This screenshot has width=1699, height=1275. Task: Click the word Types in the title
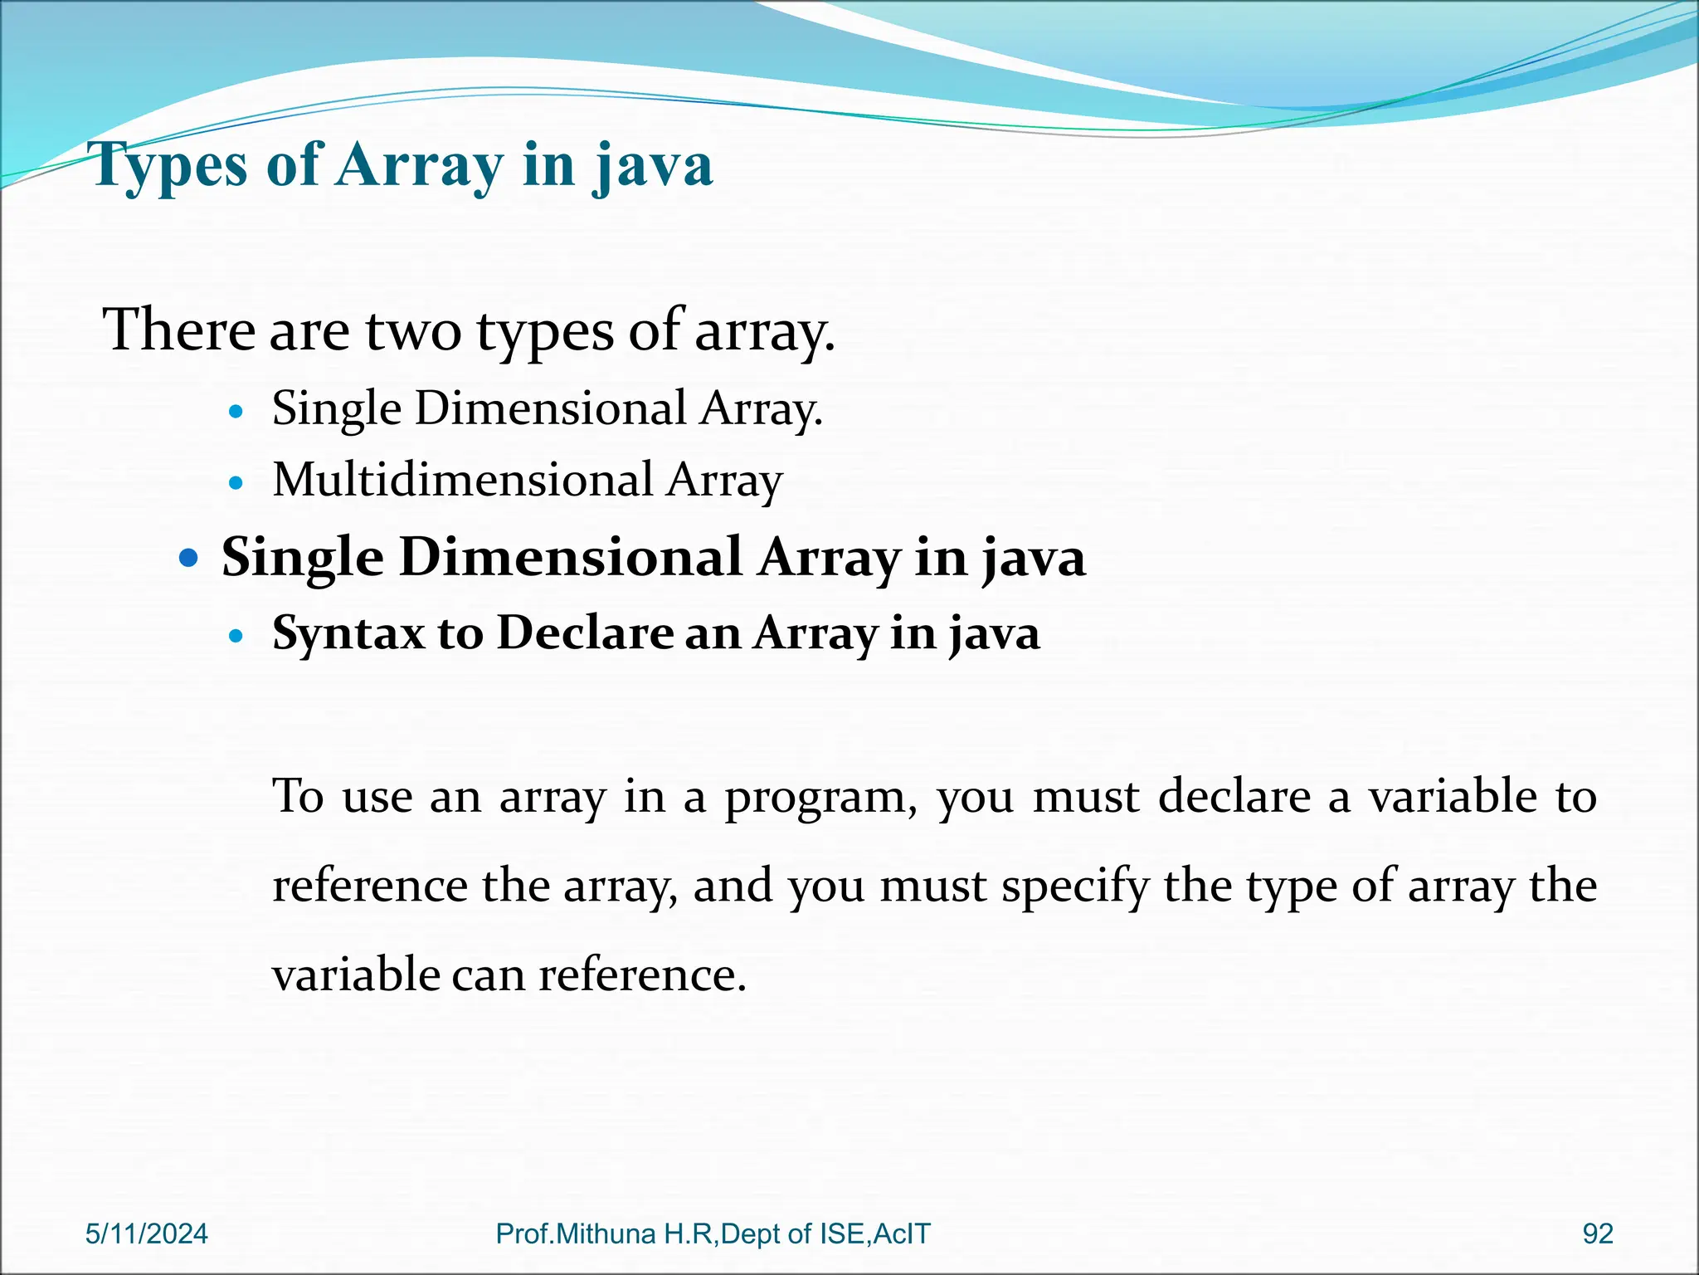[170, 165]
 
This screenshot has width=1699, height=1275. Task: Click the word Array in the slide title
[419, 165]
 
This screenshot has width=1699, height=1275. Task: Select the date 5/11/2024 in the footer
[147, 1233]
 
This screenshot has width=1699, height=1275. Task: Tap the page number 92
[1598, 1233]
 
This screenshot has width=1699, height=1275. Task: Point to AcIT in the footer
[902, 1233]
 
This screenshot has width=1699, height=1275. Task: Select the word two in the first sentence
[413, 330]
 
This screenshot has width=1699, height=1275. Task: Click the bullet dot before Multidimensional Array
[237, 481]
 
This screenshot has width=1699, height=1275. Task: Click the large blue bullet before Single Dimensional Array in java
[190, 558]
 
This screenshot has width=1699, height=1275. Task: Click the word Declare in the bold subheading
[585, 633]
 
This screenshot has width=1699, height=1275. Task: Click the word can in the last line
[489, 975]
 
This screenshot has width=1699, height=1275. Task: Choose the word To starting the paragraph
[298, 796]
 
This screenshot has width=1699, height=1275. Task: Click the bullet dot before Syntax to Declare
[237, 637]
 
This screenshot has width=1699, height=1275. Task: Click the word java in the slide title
[652, 165]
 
